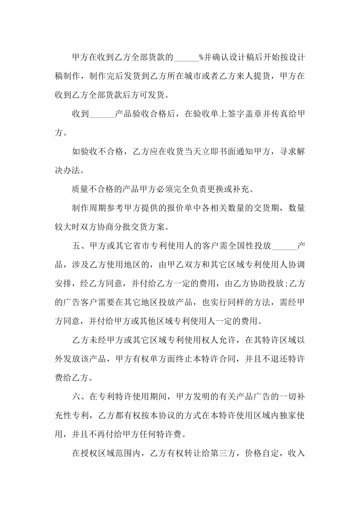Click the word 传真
coord(279,114)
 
